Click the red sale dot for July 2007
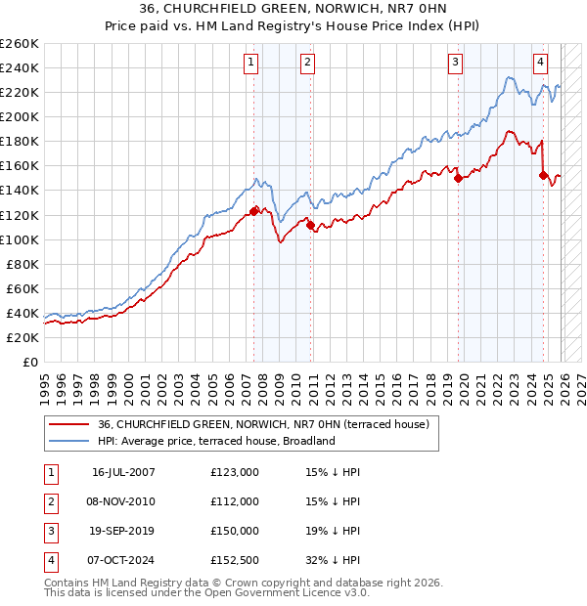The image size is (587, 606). (254, 211)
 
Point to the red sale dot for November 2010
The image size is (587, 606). (310, 225)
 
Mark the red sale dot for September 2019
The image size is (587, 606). (458, 178)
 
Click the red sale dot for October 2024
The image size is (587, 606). (543, 175)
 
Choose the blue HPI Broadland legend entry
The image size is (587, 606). (216, 441)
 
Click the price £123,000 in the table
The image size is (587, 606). (235, 472)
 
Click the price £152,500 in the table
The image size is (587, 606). (235, 560)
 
